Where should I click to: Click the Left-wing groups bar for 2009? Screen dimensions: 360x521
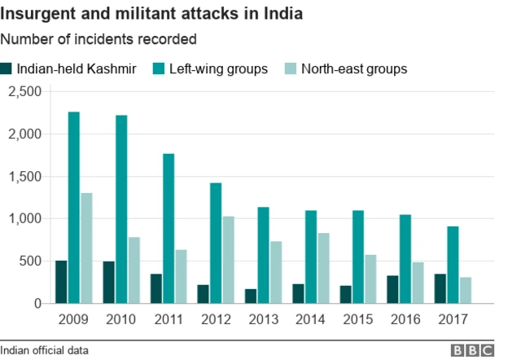click(x=73, y=208)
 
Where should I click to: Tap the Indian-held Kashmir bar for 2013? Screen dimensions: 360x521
click(x=251, y=296)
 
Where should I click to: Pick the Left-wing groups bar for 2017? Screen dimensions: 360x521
click(x=452, y=265)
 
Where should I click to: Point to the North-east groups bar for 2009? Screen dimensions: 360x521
click(x=86, y=248)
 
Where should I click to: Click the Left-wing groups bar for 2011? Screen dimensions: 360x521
click(x=169, y=229)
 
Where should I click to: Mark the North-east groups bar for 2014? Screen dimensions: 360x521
click(x=323, y=268)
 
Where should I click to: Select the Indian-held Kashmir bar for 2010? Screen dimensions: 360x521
click(x=108, y=283)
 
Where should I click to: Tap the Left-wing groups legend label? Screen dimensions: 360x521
click(x=218, y=68)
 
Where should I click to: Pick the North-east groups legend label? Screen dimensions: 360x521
click(x=354, y=68)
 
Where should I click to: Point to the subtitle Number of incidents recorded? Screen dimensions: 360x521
click(x=99, y=38)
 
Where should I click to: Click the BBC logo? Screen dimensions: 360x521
click(x=473, y=350)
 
